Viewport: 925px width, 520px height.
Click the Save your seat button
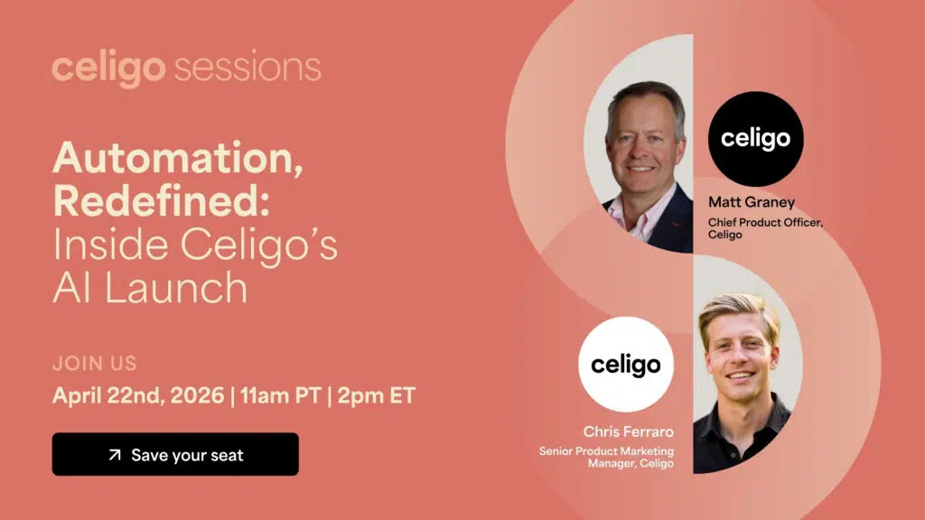tap(175, 454)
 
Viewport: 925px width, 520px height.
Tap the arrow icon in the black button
tap(115, 455)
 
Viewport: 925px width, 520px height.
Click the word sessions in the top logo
tap(246, 69)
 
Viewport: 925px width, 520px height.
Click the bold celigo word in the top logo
tap(108, 70)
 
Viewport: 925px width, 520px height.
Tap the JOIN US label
tap(95, 364)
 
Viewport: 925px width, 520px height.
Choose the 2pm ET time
tap(377, 395)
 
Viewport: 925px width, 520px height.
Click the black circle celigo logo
tap(755, 138)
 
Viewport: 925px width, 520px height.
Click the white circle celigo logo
tap(625, 365)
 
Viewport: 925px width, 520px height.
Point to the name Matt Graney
tap(752, 203)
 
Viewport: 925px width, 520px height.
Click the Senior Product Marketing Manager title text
tap(606, 457)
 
